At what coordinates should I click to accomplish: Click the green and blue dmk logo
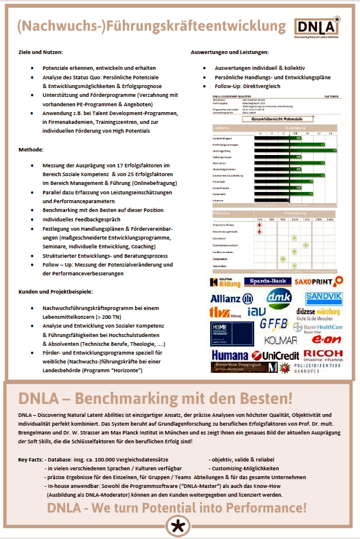280,298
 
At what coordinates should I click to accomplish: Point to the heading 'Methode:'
31,150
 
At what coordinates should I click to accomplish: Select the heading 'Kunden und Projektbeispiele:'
55,292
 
